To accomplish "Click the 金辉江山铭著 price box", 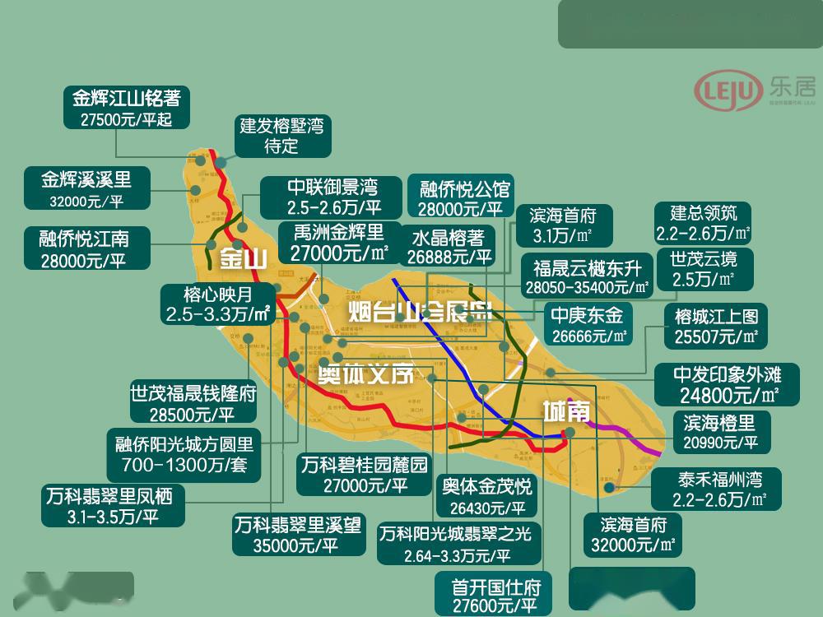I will pyautogui.click(x=127, y=107).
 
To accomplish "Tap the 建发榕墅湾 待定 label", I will pyautogui.click(x=282, y=136).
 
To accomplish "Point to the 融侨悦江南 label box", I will pyautogui.click(x=84, y=248).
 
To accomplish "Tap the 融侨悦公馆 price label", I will pyautogui.click(x=460, y=197).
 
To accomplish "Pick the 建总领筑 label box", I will pyautogui.click(x=704, y=222).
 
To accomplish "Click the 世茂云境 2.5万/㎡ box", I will pyautogui.click(x=704, y=268).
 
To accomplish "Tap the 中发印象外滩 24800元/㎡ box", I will pyautogui.click(x=726, y=384).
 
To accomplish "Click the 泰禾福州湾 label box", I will pyautogui.click(x=709, y=489).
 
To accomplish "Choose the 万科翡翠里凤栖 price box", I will pyautogui.click(x=114, y=506).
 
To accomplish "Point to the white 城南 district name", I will pyautogui.click(x=566, y=411).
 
